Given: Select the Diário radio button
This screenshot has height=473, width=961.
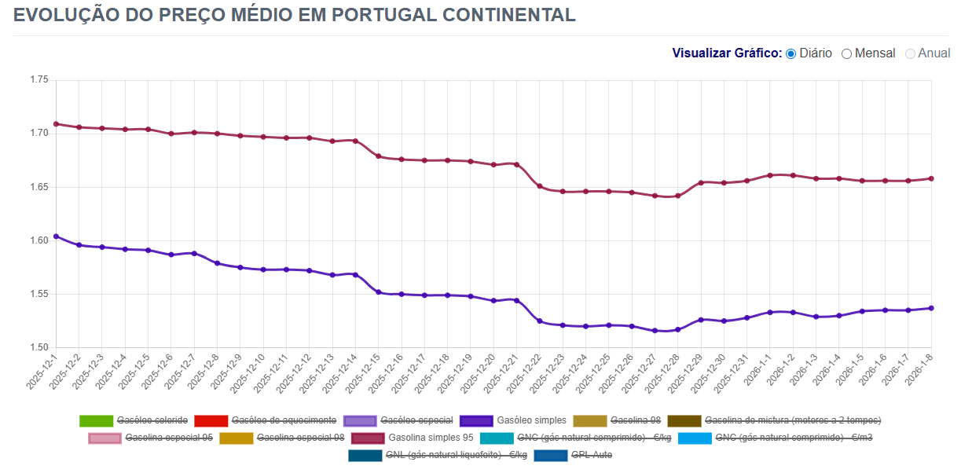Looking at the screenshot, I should (791, 53).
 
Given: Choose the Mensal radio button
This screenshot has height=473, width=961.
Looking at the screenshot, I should (847, 53).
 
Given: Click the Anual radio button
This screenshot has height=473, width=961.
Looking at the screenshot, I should (911, 53).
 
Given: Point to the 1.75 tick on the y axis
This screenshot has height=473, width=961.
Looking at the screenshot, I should (39, 80).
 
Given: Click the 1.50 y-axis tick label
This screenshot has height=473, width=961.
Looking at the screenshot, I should (39, 348).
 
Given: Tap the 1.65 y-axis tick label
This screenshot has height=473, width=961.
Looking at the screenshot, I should (39, 187).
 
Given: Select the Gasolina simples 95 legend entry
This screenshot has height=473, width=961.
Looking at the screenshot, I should (431, 438).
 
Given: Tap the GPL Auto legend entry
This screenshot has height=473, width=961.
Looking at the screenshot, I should (591, 455).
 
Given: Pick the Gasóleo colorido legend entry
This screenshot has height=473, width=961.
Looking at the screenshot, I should (152, 420).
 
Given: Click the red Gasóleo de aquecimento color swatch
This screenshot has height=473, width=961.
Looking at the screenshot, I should (210, 420).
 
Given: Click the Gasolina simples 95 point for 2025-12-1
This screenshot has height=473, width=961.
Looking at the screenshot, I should (56, 124).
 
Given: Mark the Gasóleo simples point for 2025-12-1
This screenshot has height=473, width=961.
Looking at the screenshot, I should (56, 236).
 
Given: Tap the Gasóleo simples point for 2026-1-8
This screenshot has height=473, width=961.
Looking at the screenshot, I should (931, 308).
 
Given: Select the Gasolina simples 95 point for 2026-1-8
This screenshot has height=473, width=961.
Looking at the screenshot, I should (931, 178).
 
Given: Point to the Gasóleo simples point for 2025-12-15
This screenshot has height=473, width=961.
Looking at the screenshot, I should (378, 292).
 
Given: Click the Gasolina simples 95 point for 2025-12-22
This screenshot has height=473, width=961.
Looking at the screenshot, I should (539, 186).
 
